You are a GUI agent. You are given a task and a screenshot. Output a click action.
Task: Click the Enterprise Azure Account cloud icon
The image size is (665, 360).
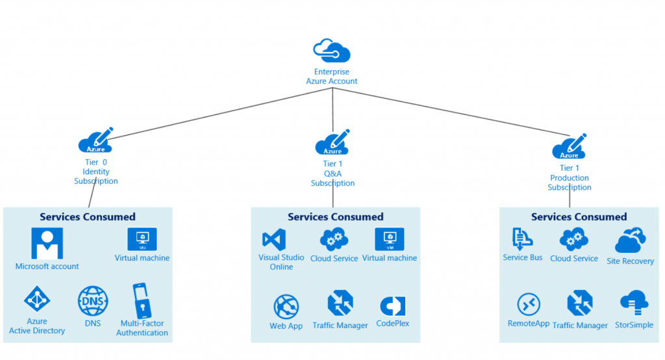pos(332,49)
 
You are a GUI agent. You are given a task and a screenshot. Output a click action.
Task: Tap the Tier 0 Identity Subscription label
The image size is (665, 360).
pos(95,172)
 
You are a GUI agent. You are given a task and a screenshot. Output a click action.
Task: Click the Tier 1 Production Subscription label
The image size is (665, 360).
pos(569,178)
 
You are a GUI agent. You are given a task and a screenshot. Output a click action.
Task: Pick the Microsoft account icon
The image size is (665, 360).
pos(47,244)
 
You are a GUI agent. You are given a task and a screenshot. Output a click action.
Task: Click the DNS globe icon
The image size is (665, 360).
pos(93,301)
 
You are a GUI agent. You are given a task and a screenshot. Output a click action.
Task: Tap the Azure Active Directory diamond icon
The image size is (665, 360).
pos(37,300)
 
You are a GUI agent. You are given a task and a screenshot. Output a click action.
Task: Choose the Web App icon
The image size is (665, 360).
pos(286,306)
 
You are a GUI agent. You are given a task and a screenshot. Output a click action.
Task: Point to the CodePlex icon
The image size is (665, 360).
pos(392,305)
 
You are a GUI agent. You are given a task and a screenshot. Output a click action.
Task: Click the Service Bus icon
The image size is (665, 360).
pos(522,239)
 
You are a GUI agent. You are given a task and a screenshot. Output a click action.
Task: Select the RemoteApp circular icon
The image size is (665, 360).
pos(529,304)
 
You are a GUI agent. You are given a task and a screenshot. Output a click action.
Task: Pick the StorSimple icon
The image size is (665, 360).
pos(634,303)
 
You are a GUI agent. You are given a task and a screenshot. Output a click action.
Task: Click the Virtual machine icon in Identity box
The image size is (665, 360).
pos(142,238)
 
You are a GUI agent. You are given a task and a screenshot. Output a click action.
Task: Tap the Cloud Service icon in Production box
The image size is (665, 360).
pos(573,239)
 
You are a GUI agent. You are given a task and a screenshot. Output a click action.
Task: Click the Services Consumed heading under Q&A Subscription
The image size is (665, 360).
pos(336,217)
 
